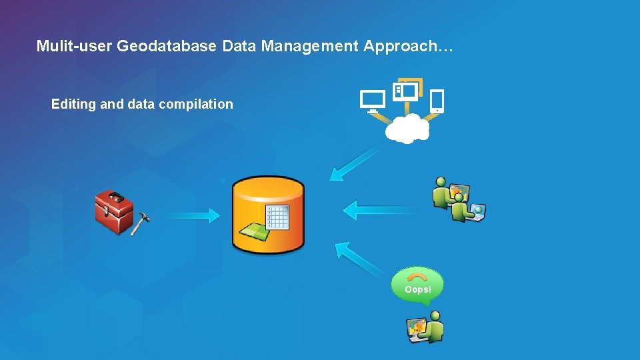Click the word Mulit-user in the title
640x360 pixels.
tap(74, 46)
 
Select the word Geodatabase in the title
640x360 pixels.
tap(167, 46)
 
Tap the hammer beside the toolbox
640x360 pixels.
tap(140, 223)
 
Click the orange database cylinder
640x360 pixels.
tap(267, 215)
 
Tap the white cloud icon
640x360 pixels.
tap(407, 128)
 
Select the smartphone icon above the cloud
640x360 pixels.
tap(437, 101)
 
